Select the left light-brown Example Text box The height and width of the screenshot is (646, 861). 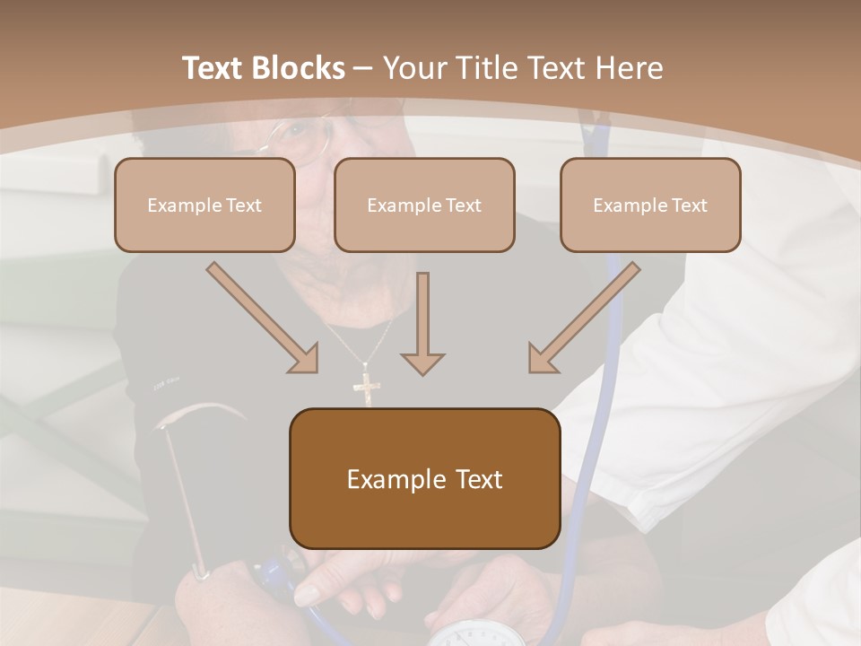[204, 205]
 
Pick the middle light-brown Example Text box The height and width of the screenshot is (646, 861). [424, 205]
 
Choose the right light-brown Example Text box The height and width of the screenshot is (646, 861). [650, 205]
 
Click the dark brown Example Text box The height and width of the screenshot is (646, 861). [424, 479]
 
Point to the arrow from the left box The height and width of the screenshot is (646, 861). [263, 318]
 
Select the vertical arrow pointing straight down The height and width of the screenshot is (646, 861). [422, 323]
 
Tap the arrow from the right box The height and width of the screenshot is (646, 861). [584, 318]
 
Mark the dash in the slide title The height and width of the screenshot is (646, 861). [363, 68]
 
